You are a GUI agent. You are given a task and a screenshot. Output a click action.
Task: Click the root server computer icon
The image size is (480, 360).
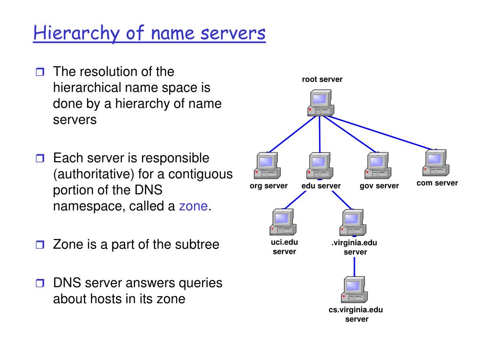click(320, 103)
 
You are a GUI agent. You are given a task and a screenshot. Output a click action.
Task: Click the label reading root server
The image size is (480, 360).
click(322, 79)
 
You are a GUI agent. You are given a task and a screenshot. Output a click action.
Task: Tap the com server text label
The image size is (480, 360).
click(437, 183)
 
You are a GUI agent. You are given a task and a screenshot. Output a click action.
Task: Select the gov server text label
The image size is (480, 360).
click(379, 186)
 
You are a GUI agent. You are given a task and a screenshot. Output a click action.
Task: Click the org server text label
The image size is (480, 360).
click(269, 186)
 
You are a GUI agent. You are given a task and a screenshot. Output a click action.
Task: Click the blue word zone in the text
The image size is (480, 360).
click(193, 206)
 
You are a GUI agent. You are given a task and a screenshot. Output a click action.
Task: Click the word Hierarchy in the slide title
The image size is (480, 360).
click(70, 34)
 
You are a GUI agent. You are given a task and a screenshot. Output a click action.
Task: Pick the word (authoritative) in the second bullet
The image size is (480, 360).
click(93, 174)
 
